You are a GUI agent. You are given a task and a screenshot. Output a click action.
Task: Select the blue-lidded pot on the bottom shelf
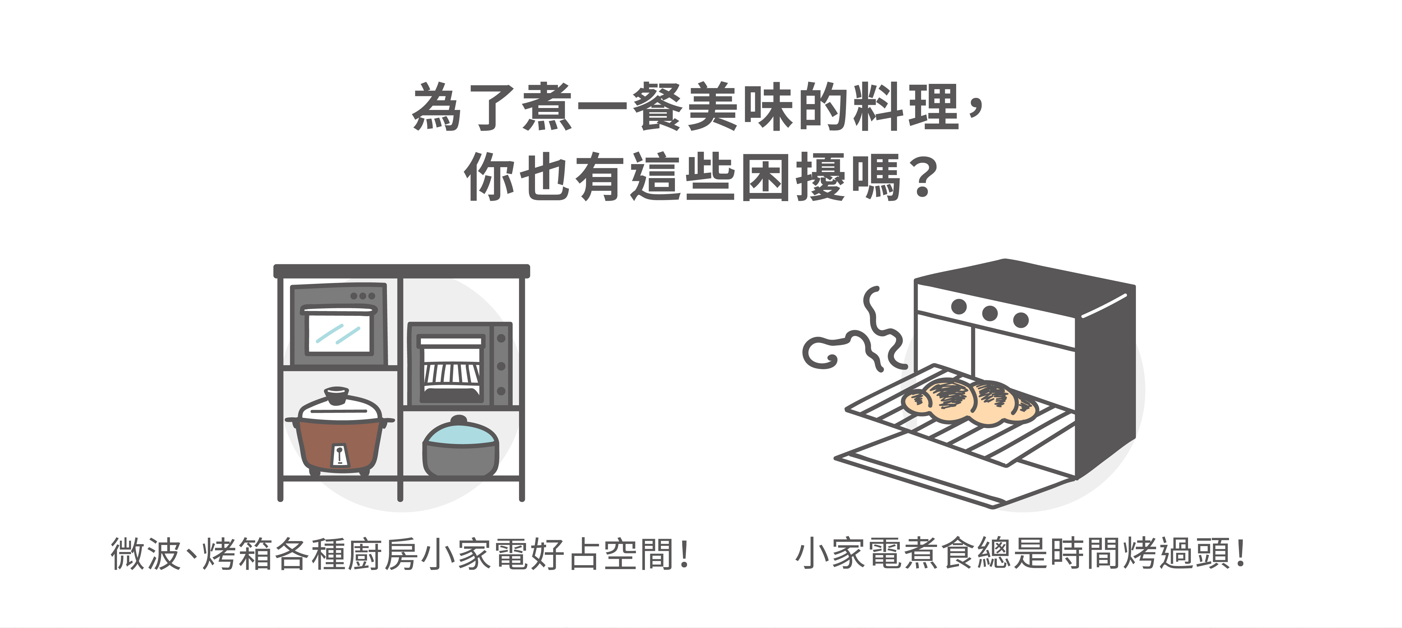(460, 446)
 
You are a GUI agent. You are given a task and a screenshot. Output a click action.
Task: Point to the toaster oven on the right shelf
(460, 364)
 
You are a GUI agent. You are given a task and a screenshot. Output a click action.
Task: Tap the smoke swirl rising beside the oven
(854, 332)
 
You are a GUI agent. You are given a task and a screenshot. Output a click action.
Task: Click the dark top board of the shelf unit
(402, 270)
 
